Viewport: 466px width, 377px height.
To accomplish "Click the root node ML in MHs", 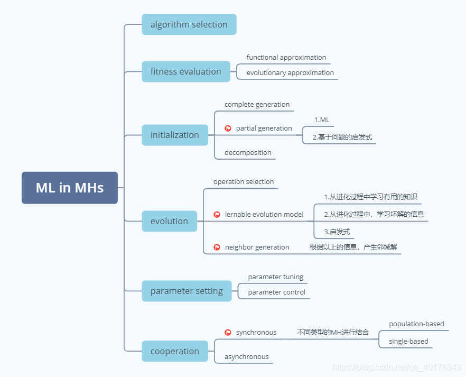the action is pos(70,188).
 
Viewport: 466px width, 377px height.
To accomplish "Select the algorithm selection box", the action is pos(189,24).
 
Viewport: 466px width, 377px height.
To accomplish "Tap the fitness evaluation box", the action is pos(186,71).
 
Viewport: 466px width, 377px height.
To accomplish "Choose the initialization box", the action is pos(175,135).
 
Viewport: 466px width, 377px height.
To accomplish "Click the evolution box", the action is pos(170,221).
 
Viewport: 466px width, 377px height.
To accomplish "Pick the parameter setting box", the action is pos(187,291).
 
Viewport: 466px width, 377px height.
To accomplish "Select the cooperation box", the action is pos(175,351).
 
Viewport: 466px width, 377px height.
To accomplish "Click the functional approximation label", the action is pos(286,58).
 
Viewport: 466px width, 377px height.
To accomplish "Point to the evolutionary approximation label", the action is pos(290,73).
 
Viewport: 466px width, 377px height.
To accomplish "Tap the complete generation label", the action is pos(257,104).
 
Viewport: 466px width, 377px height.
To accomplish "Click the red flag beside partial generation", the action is pos(228,128).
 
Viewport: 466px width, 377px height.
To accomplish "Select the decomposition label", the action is pos(248,152).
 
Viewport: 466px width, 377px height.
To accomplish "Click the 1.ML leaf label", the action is pos(322,120).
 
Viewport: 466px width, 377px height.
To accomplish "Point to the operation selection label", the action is pos(244,182).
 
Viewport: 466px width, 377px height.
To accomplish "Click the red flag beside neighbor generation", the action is pos(217,247).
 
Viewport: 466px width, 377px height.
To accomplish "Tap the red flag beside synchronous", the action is pos(228,333).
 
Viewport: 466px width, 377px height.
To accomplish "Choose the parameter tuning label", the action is pos(275,277).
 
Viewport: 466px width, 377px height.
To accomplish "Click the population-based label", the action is pos(416,324).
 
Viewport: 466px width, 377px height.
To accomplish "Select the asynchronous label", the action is pos(246,356).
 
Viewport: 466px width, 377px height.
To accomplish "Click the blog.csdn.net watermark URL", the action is pos(396,367).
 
